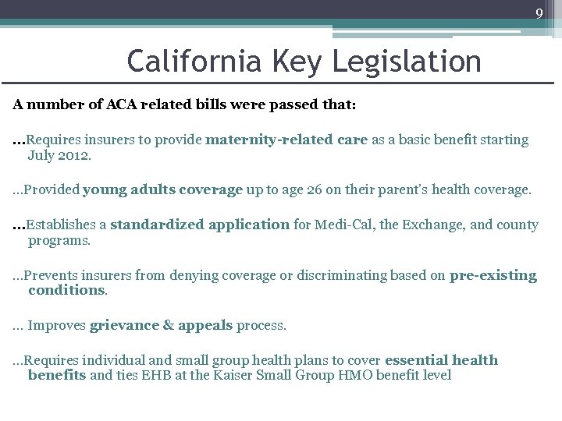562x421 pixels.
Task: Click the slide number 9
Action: [539, 12]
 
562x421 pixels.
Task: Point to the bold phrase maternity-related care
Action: [286, 140]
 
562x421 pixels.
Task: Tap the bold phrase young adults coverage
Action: [162, 189]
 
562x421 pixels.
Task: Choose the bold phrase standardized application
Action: [200, 225]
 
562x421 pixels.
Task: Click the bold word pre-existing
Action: [493, 275]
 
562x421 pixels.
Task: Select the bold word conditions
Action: [66, 290]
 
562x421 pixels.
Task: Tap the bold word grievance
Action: [124, 325]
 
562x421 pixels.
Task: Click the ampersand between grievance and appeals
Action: [169, 325]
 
